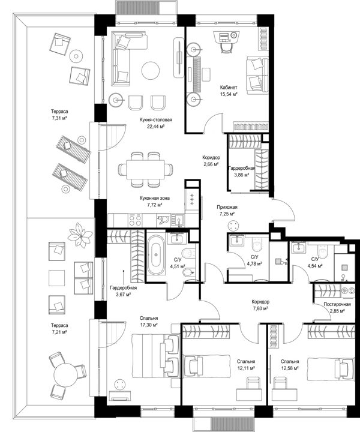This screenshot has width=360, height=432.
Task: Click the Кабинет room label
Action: [229, 88]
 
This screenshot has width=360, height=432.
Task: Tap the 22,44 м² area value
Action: [155, 127]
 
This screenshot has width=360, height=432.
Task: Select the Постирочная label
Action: [337, 304]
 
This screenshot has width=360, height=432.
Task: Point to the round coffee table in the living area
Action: [151, 70]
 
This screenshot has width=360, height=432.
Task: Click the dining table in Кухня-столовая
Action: [145, 169]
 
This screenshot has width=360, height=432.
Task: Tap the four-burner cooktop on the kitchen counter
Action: [135, 220]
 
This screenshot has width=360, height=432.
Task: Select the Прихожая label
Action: [227, 207]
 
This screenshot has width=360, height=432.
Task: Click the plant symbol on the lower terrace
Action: [80, 235]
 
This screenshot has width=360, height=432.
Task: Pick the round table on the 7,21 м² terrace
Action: [65, 376]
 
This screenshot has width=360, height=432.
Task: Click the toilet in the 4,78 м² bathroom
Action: [257, 244]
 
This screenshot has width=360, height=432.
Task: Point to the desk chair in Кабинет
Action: [226, 48]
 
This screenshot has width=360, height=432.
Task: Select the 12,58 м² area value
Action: [290, 368]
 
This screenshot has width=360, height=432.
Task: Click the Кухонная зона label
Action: [155, 198]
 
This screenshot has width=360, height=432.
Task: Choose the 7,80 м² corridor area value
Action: [260, 308]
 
